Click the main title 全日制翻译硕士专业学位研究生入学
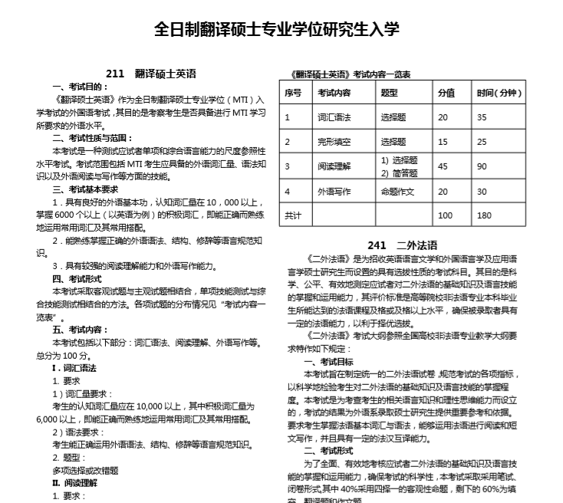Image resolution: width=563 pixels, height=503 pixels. click(277, 29)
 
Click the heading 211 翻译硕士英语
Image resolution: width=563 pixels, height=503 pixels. click(151, 74)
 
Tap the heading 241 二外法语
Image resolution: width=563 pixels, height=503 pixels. click(402, 245)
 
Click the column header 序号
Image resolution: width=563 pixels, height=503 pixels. click(293, 93)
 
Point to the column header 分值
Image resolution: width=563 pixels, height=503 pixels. click(446, 93)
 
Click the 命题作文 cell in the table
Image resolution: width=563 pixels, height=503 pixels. click(397, 191)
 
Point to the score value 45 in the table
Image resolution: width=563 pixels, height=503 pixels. click(443, 166)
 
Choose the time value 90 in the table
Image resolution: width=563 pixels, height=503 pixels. click(482, 166)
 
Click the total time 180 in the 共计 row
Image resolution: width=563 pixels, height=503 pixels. click(484, 215)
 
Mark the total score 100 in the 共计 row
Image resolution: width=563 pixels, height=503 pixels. click(445, 215)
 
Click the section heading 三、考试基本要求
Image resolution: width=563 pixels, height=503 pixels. click(85, 189)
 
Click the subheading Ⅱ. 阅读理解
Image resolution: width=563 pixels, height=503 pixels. click(74, 482)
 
